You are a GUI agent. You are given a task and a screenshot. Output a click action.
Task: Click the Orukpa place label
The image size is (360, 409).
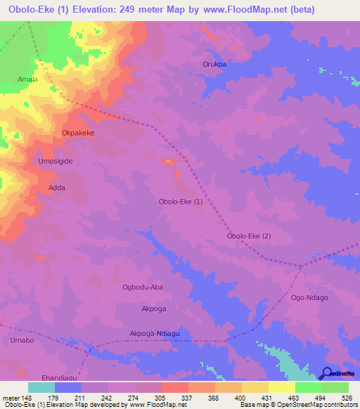pyautogui.click(x=214, y=64)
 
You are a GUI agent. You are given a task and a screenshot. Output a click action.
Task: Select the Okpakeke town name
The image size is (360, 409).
pyautogui.click(x=77, y=132)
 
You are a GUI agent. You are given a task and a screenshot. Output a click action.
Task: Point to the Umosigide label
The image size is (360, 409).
pyautogui.click(x=55, y=161)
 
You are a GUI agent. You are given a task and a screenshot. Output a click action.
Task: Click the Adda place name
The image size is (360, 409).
pyautogui.click(x=57, y=188)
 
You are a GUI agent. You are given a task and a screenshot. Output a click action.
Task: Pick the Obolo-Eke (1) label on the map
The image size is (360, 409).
pyautogui.click(x=181, y=202)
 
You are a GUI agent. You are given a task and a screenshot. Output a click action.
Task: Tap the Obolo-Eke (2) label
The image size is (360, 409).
pyautogui.click(x=248, y=236)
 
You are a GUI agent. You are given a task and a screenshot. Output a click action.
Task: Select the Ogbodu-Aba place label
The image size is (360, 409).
pyautogui.click(x=143, y=287)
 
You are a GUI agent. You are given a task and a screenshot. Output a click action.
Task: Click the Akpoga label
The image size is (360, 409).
pyautogui.click(x=154, y=309)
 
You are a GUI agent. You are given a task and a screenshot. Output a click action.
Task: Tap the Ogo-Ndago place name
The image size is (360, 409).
pyautogui.click(x=309, y=298)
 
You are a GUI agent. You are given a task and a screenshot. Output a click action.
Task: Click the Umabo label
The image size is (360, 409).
pyautogui.click(x=22, y=340)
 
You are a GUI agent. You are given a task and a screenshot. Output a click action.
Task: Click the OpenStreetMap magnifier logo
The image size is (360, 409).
pyautogui.click(x=326, y=374)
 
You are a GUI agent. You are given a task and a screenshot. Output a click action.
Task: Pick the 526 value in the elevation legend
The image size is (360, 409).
pyautogui.click(x=348, y=397)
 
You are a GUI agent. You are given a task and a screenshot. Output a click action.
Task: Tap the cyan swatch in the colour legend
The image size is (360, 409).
pyautogui.click(x=41, y=387)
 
